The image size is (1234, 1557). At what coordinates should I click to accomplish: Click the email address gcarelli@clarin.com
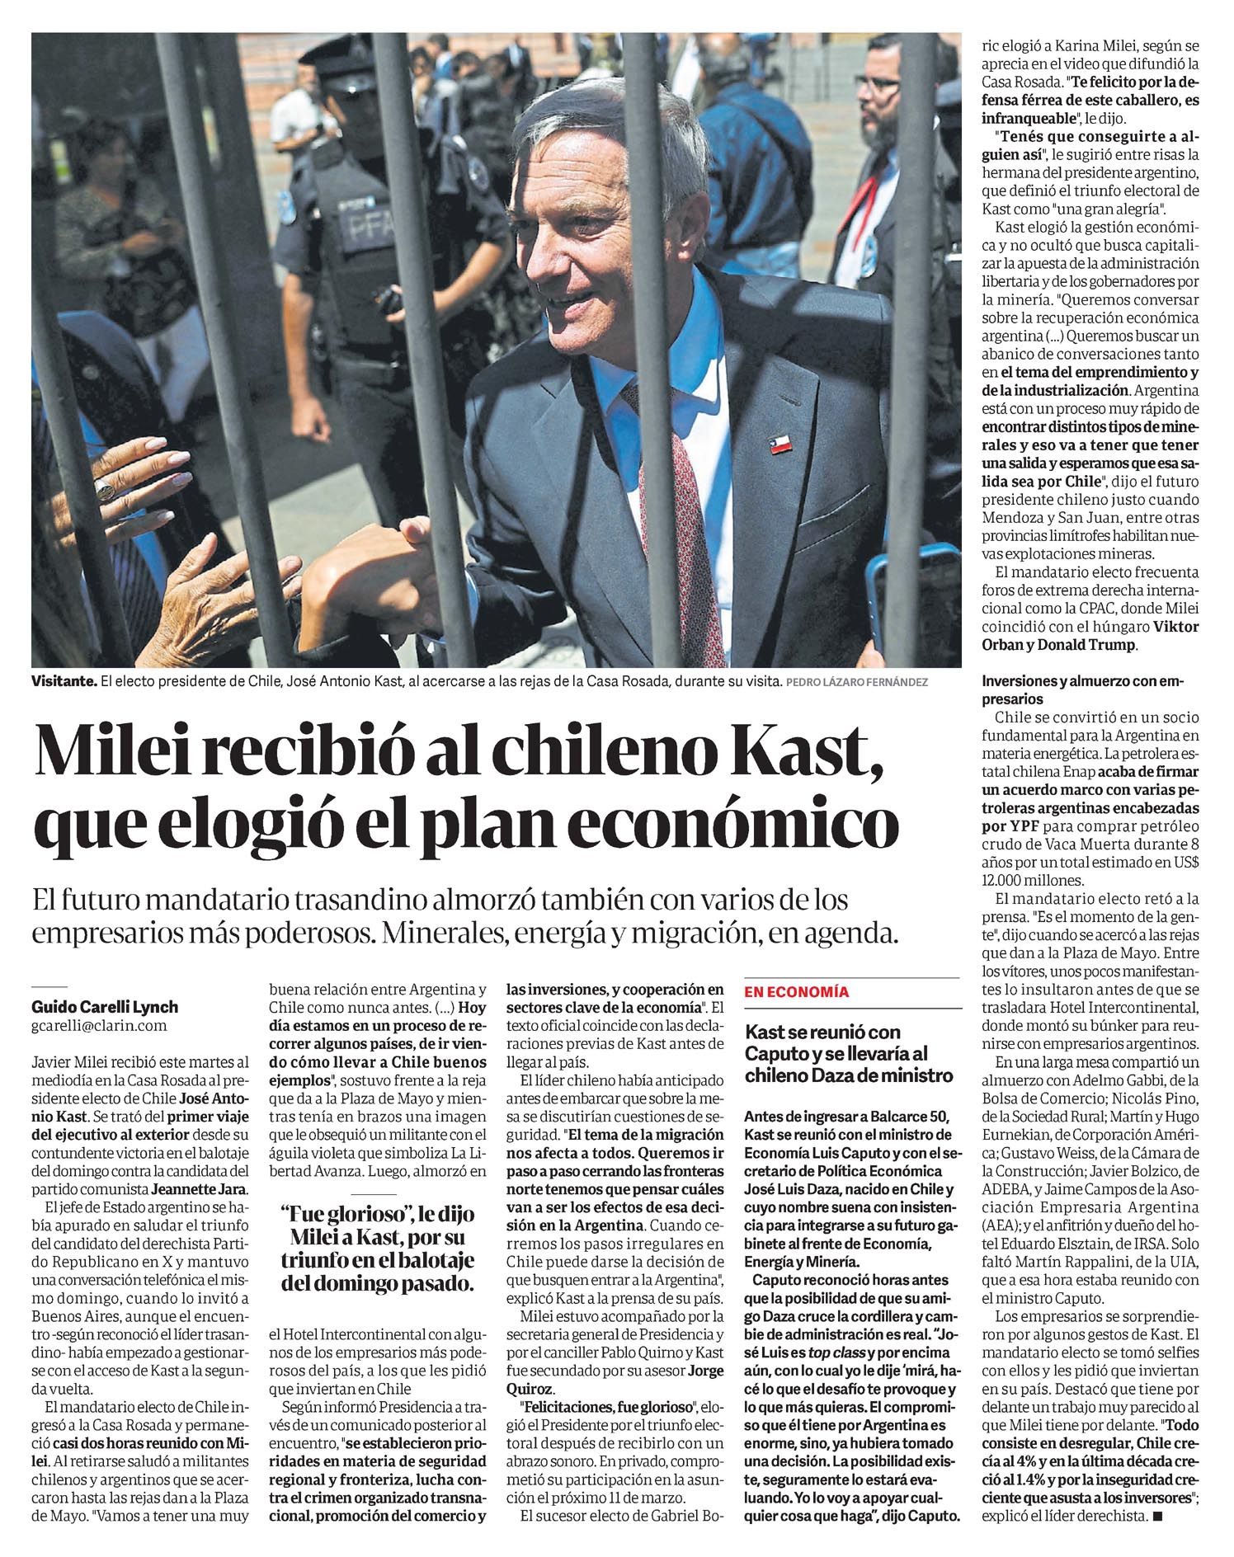(99, 1026)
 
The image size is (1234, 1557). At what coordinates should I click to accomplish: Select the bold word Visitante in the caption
(64, 682)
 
